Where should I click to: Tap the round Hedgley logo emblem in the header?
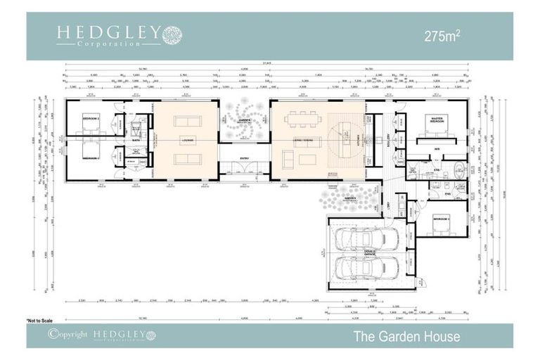point(172,35)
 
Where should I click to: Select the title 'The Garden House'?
point(407,337)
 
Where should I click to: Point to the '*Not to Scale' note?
point(40,321)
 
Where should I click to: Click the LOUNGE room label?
point(188,140)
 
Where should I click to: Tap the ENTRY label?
point(244,158)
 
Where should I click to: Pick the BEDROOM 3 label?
point(442,219)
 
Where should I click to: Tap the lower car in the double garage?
point(367,268)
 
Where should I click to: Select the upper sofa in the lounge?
point(188,120)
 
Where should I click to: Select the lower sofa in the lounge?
point(188,159)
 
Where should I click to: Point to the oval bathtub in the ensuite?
point(459,169)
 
